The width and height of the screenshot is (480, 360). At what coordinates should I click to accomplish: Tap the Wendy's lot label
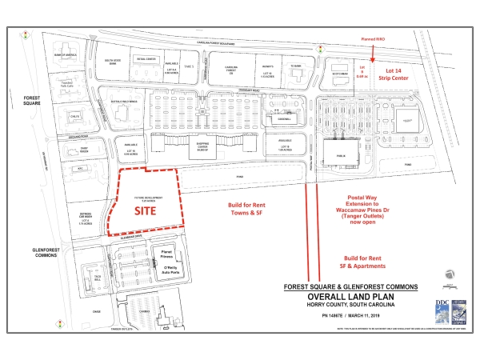click(268, 67)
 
